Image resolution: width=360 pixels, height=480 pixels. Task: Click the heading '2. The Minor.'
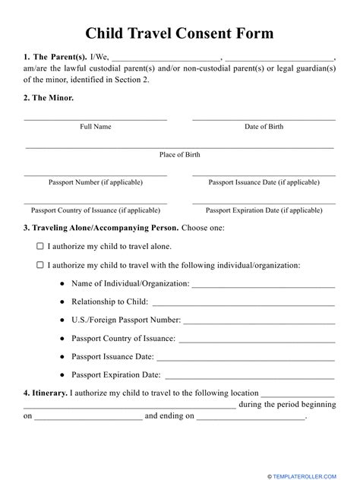coord(49,98)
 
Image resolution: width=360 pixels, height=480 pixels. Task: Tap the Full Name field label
coord(96,127)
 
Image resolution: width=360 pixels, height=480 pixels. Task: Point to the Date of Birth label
coord(264,127)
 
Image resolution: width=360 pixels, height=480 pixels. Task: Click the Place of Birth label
coord(180,154)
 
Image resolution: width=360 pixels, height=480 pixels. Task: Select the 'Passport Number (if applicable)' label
coord(96,182)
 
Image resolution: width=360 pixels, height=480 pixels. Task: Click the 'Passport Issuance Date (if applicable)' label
coord(264,182)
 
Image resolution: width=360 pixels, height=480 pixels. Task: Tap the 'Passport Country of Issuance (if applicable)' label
coord(96,210)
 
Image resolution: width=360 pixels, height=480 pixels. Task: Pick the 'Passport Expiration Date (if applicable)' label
coord(264,210)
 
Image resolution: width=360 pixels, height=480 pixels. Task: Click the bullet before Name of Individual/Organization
coord(62,284)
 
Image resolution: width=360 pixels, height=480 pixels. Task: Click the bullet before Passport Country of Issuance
coord(62,338)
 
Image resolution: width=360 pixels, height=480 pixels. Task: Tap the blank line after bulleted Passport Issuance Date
coord(246,356)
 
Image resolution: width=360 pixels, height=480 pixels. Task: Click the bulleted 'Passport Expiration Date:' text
coord(116,374)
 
